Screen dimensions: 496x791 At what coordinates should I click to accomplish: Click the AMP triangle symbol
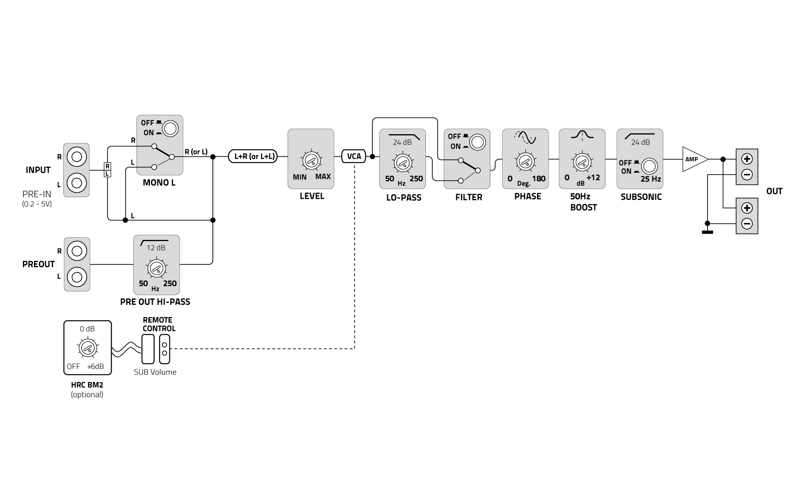click(693, 160)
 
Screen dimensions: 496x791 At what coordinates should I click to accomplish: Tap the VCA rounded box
click(354, 156)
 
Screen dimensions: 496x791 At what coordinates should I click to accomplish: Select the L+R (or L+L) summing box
click(253, 156)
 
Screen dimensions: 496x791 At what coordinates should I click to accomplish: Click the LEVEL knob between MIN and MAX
click(311, 161)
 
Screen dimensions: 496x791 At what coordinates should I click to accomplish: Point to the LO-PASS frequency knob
click(403, 163)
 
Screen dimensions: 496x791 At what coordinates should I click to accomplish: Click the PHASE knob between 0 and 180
click(525, 161)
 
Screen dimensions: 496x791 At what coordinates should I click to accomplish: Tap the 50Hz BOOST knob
click(581, 162)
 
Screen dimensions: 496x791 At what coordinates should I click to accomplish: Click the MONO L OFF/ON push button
click(170, 128)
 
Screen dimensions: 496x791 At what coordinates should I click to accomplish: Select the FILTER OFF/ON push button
click(477, 142)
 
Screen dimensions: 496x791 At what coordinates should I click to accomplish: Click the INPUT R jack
click(77, 157)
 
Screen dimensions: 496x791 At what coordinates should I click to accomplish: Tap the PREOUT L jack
click(77, 277)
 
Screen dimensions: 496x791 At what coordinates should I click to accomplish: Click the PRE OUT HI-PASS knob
click(157, 269)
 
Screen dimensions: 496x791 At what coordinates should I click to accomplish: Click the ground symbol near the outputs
click(707, 232)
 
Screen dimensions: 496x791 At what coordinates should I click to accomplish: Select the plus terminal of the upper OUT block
click(747, 159)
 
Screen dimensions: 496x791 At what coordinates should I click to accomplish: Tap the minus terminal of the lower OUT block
click(747, 224)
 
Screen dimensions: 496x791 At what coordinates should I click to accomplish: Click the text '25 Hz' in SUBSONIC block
click(651, 179)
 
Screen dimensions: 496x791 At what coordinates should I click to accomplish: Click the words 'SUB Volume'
click(155, 372)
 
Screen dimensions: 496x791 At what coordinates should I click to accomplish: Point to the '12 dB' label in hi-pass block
click(156, 248)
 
